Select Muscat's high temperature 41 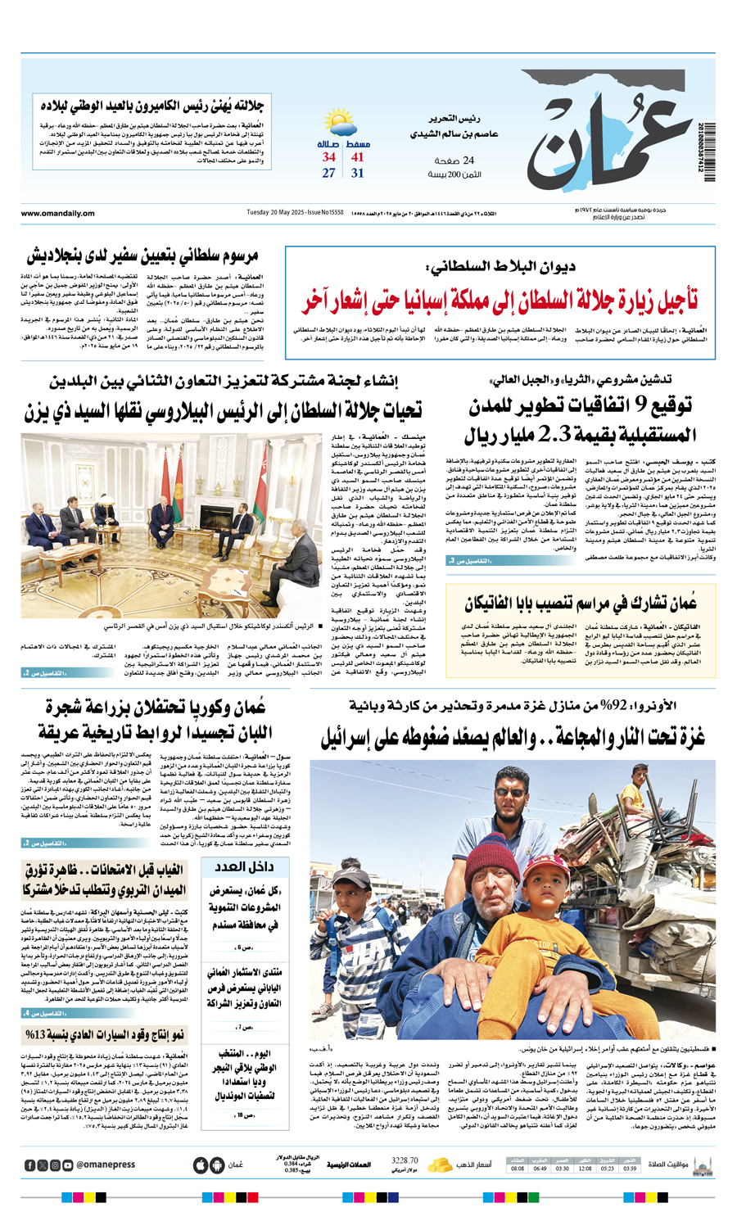click(x=358, y=157)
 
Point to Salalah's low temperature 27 click(x=328, y=174)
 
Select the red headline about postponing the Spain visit click(x=500, y=301)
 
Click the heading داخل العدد click(x=246, y=867)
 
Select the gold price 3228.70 click(x=405, y=1160)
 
